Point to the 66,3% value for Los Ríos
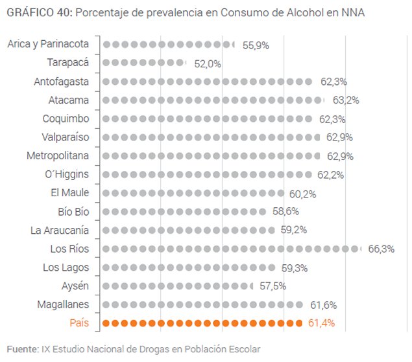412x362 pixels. (x=381, y=249)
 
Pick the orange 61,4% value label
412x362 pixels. (x=322, y=323)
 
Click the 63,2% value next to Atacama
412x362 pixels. (x=345, y=100)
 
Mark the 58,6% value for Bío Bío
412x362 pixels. (x=285, y=211)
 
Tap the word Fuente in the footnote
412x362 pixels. (x=21, y=349)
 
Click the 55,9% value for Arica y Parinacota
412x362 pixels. (x=255, y=45)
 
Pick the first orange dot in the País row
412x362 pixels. (x=107, y=323)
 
